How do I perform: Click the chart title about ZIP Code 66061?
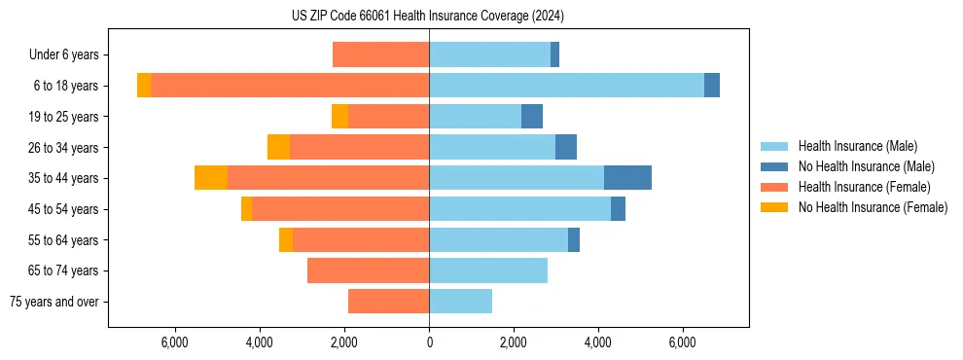(428, 17)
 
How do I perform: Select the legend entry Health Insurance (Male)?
(857, 146)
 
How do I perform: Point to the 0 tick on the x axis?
(429, 342)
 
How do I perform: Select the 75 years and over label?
(54, 302)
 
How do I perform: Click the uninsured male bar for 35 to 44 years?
(627, 178)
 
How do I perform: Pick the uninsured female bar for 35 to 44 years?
(211, 178)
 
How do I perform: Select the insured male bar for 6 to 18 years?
(566, 86)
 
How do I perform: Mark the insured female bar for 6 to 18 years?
(290, 86)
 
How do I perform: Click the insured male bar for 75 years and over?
(460, 302)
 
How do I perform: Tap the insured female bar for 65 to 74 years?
(368, 270)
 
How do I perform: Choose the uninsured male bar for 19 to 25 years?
(532, 117)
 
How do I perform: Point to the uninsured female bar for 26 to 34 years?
(278, 147)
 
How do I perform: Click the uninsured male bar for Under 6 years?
(554, 55)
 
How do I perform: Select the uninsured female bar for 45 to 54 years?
(246, 209)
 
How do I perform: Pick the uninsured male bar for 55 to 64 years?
(574, 239)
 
